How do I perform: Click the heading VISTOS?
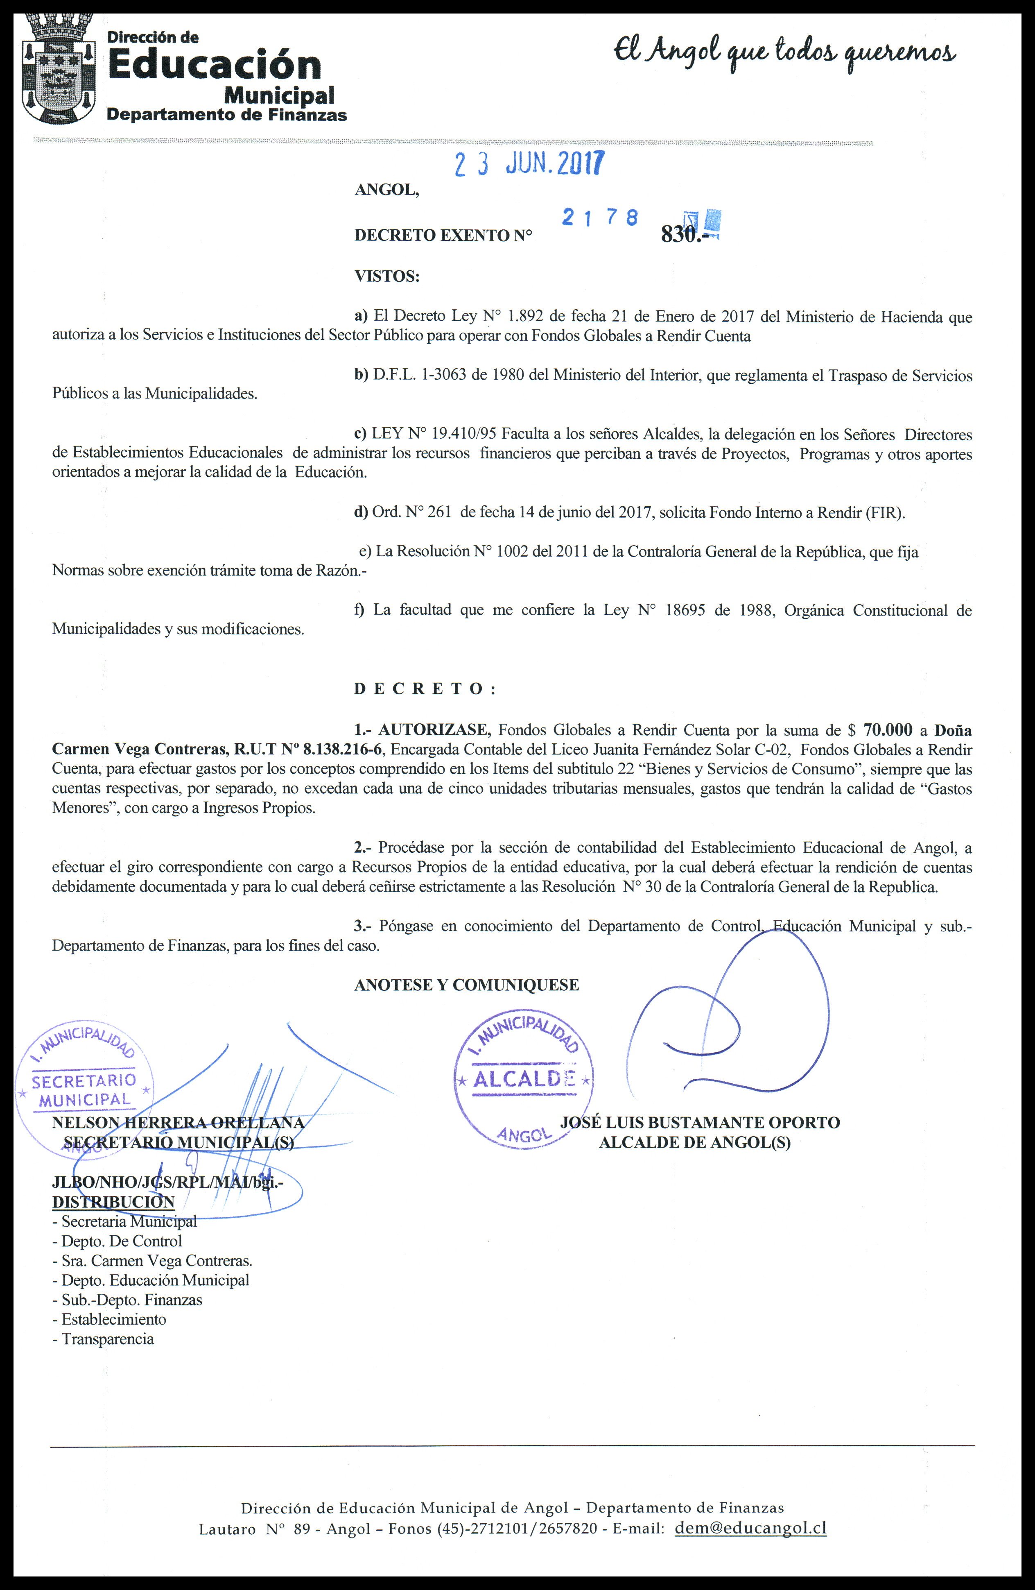click(386, 276)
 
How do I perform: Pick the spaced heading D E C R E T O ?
click(425, 689)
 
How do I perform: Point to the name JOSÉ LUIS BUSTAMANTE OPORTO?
click(700, 1122)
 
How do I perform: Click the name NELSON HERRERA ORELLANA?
click(178, 1122)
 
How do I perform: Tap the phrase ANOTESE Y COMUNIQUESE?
click(466, 985)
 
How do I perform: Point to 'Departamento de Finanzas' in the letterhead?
click(227, 115)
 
